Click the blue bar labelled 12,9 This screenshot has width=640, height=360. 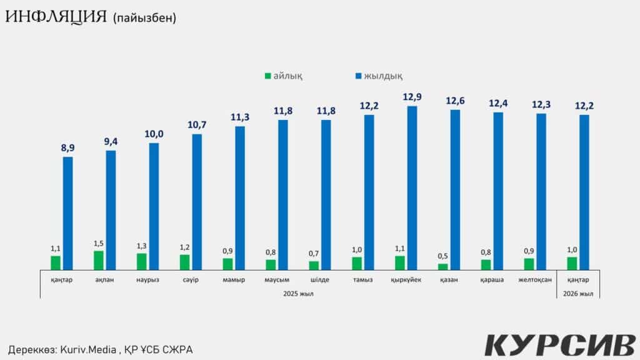[x=412, y=188]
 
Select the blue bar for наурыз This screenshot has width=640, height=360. [x=154, y=206]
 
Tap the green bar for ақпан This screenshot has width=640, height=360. [x=99, y=261]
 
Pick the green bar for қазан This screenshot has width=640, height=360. [x=443, y=267]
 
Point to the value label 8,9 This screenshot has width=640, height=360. [x=68, y=148]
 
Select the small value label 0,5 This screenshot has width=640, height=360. [x=443, y=257]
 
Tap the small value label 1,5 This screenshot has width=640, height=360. [x=99, y=243]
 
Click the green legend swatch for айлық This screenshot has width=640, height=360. [x=268, y=76]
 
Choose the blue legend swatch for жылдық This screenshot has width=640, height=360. [x=359, y=76]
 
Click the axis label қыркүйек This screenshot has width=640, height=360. [x=405, y=280]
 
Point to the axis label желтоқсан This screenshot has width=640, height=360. [x=535, y=280]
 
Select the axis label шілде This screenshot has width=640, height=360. [x=319, y=280]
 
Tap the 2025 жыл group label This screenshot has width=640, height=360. [x=297, y=294]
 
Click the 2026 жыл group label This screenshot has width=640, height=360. [x=578, y=294]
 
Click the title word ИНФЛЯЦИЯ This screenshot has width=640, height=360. [x=56, y=17]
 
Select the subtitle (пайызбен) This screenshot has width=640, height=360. [x=145, y=18]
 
